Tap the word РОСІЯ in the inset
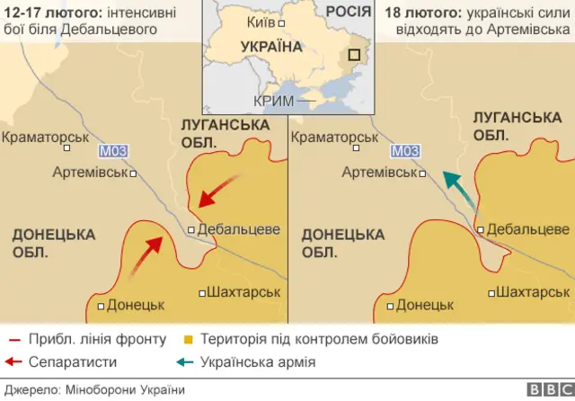click(348, 11)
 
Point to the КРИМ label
click(274, 101)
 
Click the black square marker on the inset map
click(356, 54)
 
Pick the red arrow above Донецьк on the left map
click(147, 254)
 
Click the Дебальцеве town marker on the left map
click(191, 229)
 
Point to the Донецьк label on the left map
click(135, 305)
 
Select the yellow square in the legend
click(189, 340)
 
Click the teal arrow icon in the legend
click(184, 362)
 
